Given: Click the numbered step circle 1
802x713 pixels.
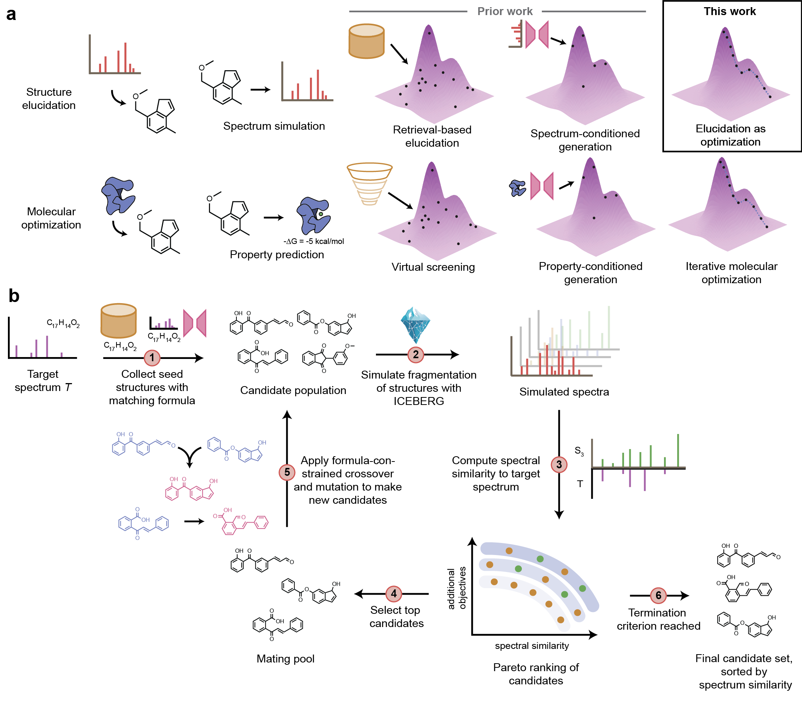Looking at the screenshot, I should tap(152, 358).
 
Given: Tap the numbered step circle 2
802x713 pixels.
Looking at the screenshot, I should tap(416, 355).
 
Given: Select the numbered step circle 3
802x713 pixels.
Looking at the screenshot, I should tap(559, 465).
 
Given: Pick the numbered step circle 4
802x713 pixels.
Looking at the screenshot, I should tap(394, 594).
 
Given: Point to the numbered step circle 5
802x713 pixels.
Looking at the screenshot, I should tap(287, 472).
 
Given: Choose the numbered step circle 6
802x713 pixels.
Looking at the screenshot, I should tap(658, 596).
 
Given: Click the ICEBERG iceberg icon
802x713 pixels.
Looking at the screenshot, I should tap(415, 325).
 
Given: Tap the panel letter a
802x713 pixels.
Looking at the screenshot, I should tap(11, 15).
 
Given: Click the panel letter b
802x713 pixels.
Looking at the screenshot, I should tap(14, 296).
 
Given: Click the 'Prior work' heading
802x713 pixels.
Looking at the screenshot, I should tap(505, 11).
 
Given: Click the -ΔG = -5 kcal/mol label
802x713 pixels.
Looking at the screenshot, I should tap(313, 241).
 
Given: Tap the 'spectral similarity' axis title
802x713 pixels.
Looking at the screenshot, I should tap(532, 646).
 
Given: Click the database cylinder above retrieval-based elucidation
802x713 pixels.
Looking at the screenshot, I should tap(366, 41).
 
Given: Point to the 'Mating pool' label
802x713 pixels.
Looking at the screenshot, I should tap(285, 658).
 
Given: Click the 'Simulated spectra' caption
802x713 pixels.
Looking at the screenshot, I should tap(564, 392).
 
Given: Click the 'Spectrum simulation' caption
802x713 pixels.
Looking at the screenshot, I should tap(274, 126).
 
